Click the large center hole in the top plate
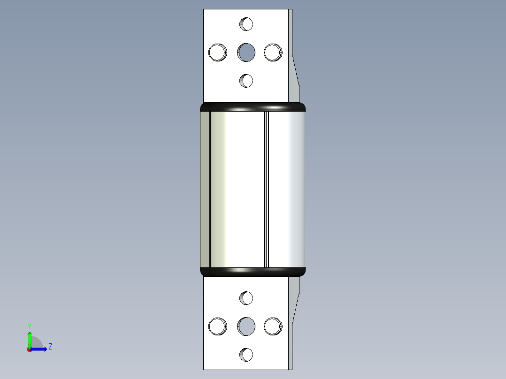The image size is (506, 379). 246,52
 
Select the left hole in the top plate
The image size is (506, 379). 217,52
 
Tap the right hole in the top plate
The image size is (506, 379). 273,52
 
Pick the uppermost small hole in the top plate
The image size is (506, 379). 246,23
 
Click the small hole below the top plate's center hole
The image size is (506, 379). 246,81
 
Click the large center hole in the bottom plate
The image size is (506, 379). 246,326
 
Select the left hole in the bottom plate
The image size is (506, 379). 217,326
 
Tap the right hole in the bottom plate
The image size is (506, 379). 273,326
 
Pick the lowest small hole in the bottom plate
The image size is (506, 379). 246,355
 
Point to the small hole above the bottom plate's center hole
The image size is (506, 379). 246,297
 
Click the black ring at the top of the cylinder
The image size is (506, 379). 253,107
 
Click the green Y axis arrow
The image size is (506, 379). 30,338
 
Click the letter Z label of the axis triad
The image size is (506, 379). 50,347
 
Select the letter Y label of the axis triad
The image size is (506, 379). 30,326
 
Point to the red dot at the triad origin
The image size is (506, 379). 29,349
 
